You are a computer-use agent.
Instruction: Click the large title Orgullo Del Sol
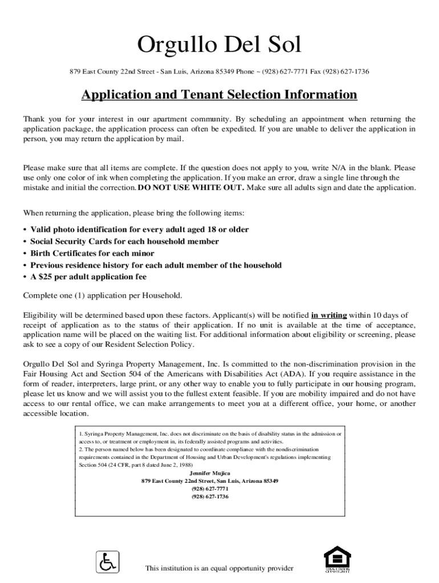219,45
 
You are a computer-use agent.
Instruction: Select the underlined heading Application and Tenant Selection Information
219,95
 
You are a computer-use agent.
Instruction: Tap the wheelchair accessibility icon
107,562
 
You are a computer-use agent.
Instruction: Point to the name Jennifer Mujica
210,473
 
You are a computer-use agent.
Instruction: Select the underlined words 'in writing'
329,315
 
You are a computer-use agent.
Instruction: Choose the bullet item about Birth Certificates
92,253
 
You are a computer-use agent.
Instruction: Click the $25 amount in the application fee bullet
47,277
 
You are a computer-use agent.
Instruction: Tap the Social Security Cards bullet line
124,241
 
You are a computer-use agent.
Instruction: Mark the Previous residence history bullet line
156,265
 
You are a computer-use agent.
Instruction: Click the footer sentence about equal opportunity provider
219,568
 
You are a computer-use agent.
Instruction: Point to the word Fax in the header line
317,72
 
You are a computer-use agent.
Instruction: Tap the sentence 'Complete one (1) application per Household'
103,295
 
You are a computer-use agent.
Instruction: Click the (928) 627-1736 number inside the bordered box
210,496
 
